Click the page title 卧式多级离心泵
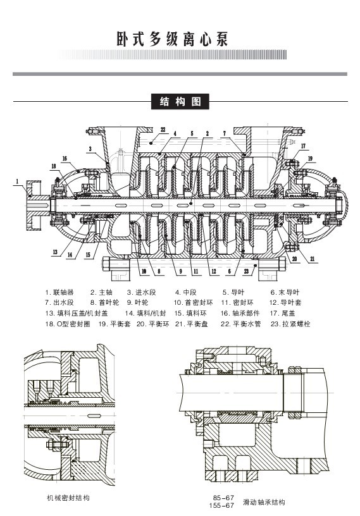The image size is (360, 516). [172, 39]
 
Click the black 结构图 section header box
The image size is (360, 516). [180, 102]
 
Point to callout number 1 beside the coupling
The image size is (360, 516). [18, 181]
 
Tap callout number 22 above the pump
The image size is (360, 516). [163, 130]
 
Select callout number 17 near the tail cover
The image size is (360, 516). [303, 146]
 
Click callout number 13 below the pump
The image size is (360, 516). [54, 252]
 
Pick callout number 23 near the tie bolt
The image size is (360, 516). [246, 271]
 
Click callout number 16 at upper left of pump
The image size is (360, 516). [65, 159]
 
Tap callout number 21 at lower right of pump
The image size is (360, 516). [313, 259]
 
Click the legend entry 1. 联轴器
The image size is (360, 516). [59, 292]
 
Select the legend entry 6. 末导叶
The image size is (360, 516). [285, 292]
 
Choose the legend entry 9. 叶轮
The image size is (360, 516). [138, 302]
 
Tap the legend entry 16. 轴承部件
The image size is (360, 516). [240, 313]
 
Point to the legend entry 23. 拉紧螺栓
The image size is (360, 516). [290, 324]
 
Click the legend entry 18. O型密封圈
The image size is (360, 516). [68, 324]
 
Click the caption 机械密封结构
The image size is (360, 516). [68, 498]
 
